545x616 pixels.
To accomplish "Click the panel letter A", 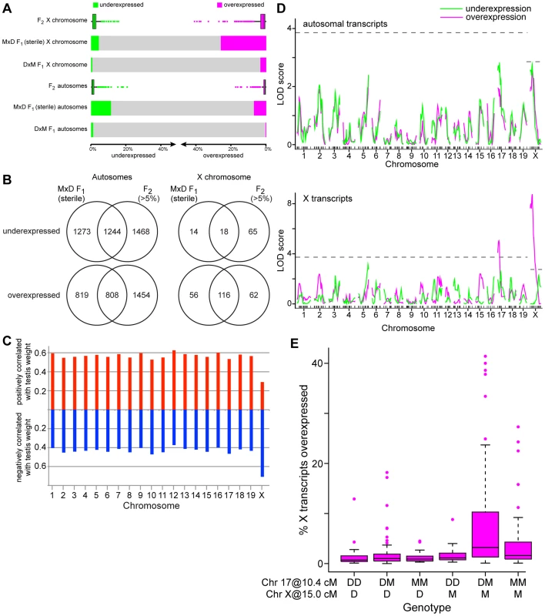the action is point(7,8).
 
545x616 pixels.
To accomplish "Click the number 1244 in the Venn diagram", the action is point(112,232).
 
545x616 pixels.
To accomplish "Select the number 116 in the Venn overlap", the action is point(224,295).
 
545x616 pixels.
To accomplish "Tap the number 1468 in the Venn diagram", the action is point(141,232).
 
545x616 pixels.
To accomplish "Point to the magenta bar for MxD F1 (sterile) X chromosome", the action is point(243,43).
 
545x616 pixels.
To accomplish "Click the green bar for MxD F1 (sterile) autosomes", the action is point(101,108).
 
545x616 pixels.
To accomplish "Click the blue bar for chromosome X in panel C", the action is point(262,444).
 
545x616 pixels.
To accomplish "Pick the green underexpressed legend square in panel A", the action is point(95,5).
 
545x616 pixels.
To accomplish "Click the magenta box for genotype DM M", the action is point(485,534).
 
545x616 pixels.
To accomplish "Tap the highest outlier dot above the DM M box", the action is point(485,357).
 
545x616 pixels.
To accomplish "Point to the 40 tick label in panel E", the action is point(317,363).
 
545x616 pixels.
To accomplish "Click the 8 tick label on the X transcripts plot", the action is point(289,203).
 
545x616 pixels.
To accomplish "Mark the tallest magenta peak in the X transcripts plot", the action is point(533,195).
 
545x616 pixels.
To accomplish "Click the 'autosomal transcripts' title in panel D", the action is point(345,24).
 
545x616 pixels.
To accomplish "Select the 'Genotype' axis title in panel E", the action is point(426,608).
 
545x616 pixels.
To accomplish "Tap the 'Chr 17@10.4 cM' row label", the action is point(299,582).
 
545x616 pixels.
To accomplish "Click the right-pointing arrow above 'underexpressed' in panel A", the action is point(132,145).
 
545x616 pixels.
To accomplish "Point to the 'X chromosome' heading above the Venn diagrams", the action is point(224,177).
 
